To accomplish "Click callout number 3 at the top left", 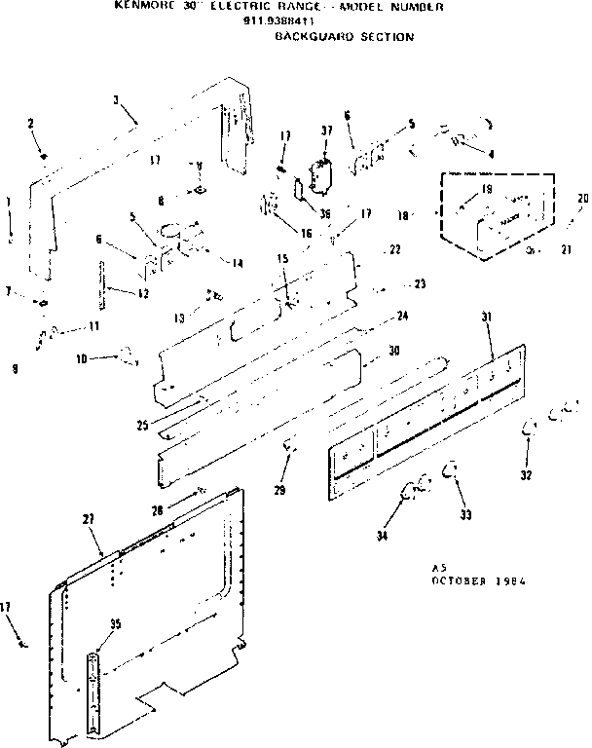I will (116, 99).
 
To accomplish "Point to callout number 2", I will (30, 123).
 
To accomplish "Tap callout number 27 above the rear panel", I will (88, 520).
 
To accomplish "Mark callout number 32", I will (527, 476).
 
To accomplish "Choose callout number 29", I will (280, 489).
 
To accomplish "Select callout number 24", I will (402, 316).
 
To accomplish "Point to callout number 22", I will (395, 249).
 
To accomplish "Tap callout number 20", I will (583, 199).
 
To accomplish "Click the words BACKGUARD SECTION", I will (344, 37).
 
